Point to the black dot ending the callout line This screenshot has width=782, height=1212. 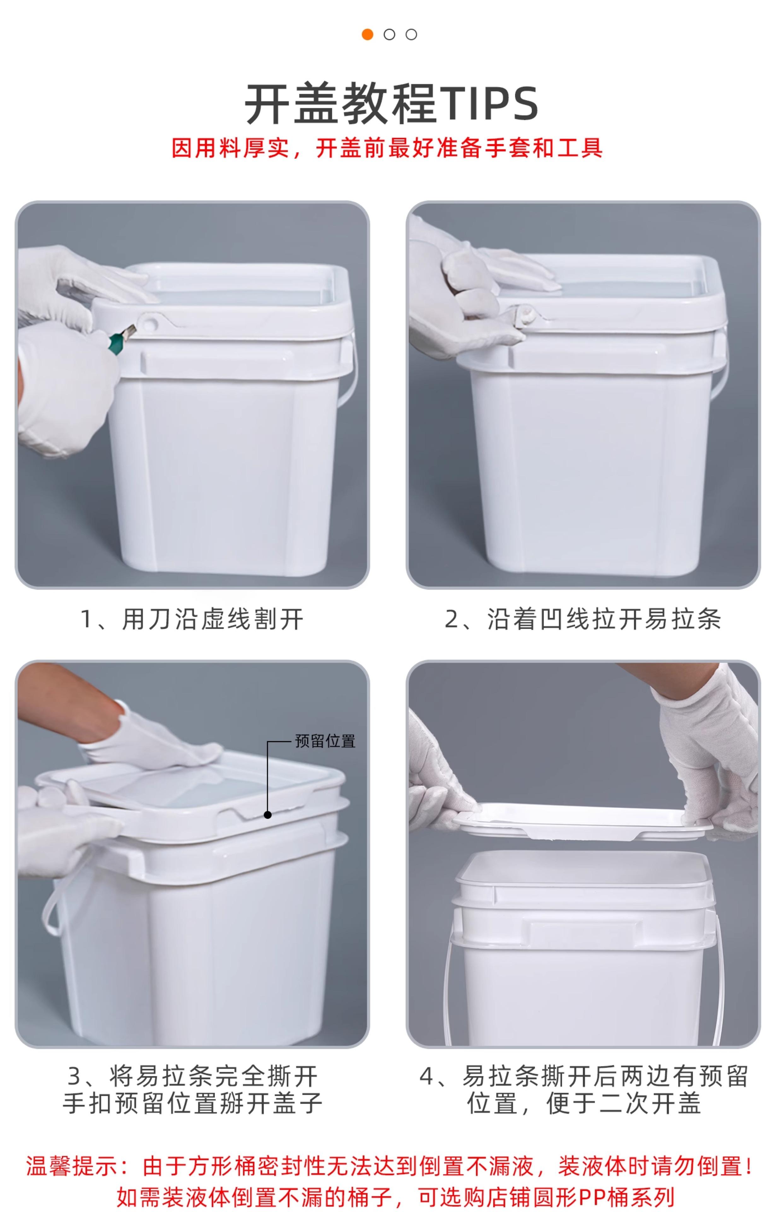tap(268, 815)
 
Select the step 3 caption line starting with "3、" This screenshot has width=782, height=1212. tap(193, 1076)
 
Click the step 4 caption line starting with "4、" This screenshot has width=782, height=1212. tap(584, 1076)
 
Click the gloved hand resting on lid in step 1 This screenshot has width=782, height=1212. tap(84, 285)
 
